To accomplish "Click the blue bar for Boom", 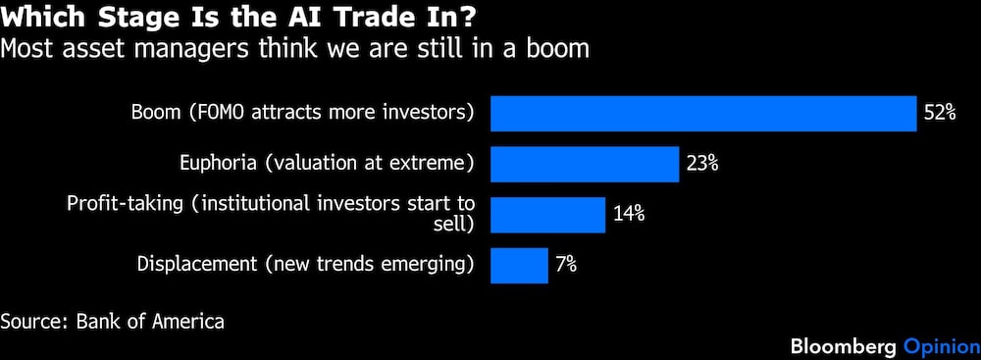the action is pos(703,114).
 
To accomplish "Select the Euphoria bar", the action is pos(585,164).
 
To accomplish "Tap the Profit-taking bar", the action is pos(548,215).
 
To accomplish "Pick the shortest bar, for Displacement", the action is pos(519,266).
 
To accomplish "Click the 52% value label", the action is pos(940,114).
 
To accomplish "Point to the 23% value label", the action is pos(702,164).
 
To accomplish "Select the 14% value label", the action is pos(629,214).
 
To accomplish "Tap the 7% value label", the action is pos(566,265).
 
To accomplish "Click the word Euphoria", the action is pos(218,164).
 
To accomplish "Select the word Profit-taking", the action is pos(134,205).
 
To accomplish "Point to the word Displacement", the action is pos(196,265).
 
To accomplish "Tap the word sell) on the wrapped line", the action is pos(453,225).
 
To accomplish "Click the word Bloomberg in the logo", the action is pos(845,346).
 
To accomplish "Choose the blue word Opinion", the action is pos(942,346).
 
